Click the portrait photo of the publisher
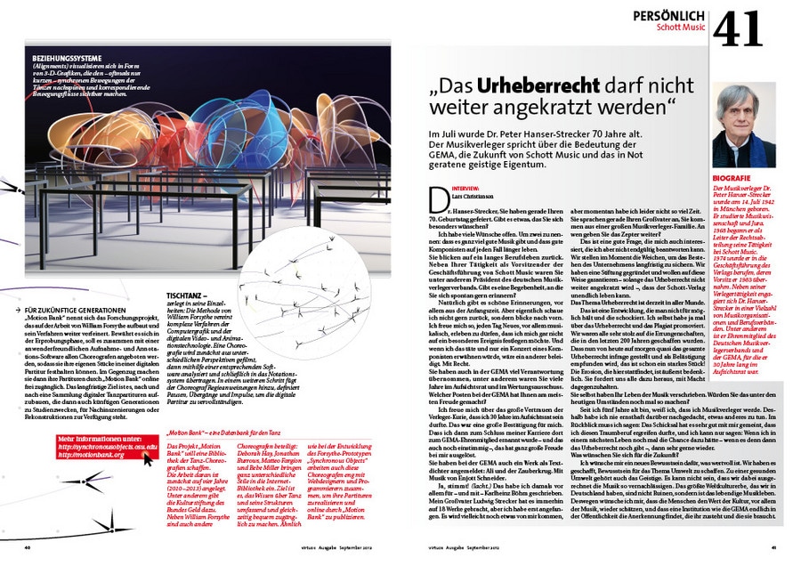744,125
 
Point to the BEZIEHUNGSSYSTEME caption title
67,60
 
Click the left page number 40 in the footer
28,547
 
